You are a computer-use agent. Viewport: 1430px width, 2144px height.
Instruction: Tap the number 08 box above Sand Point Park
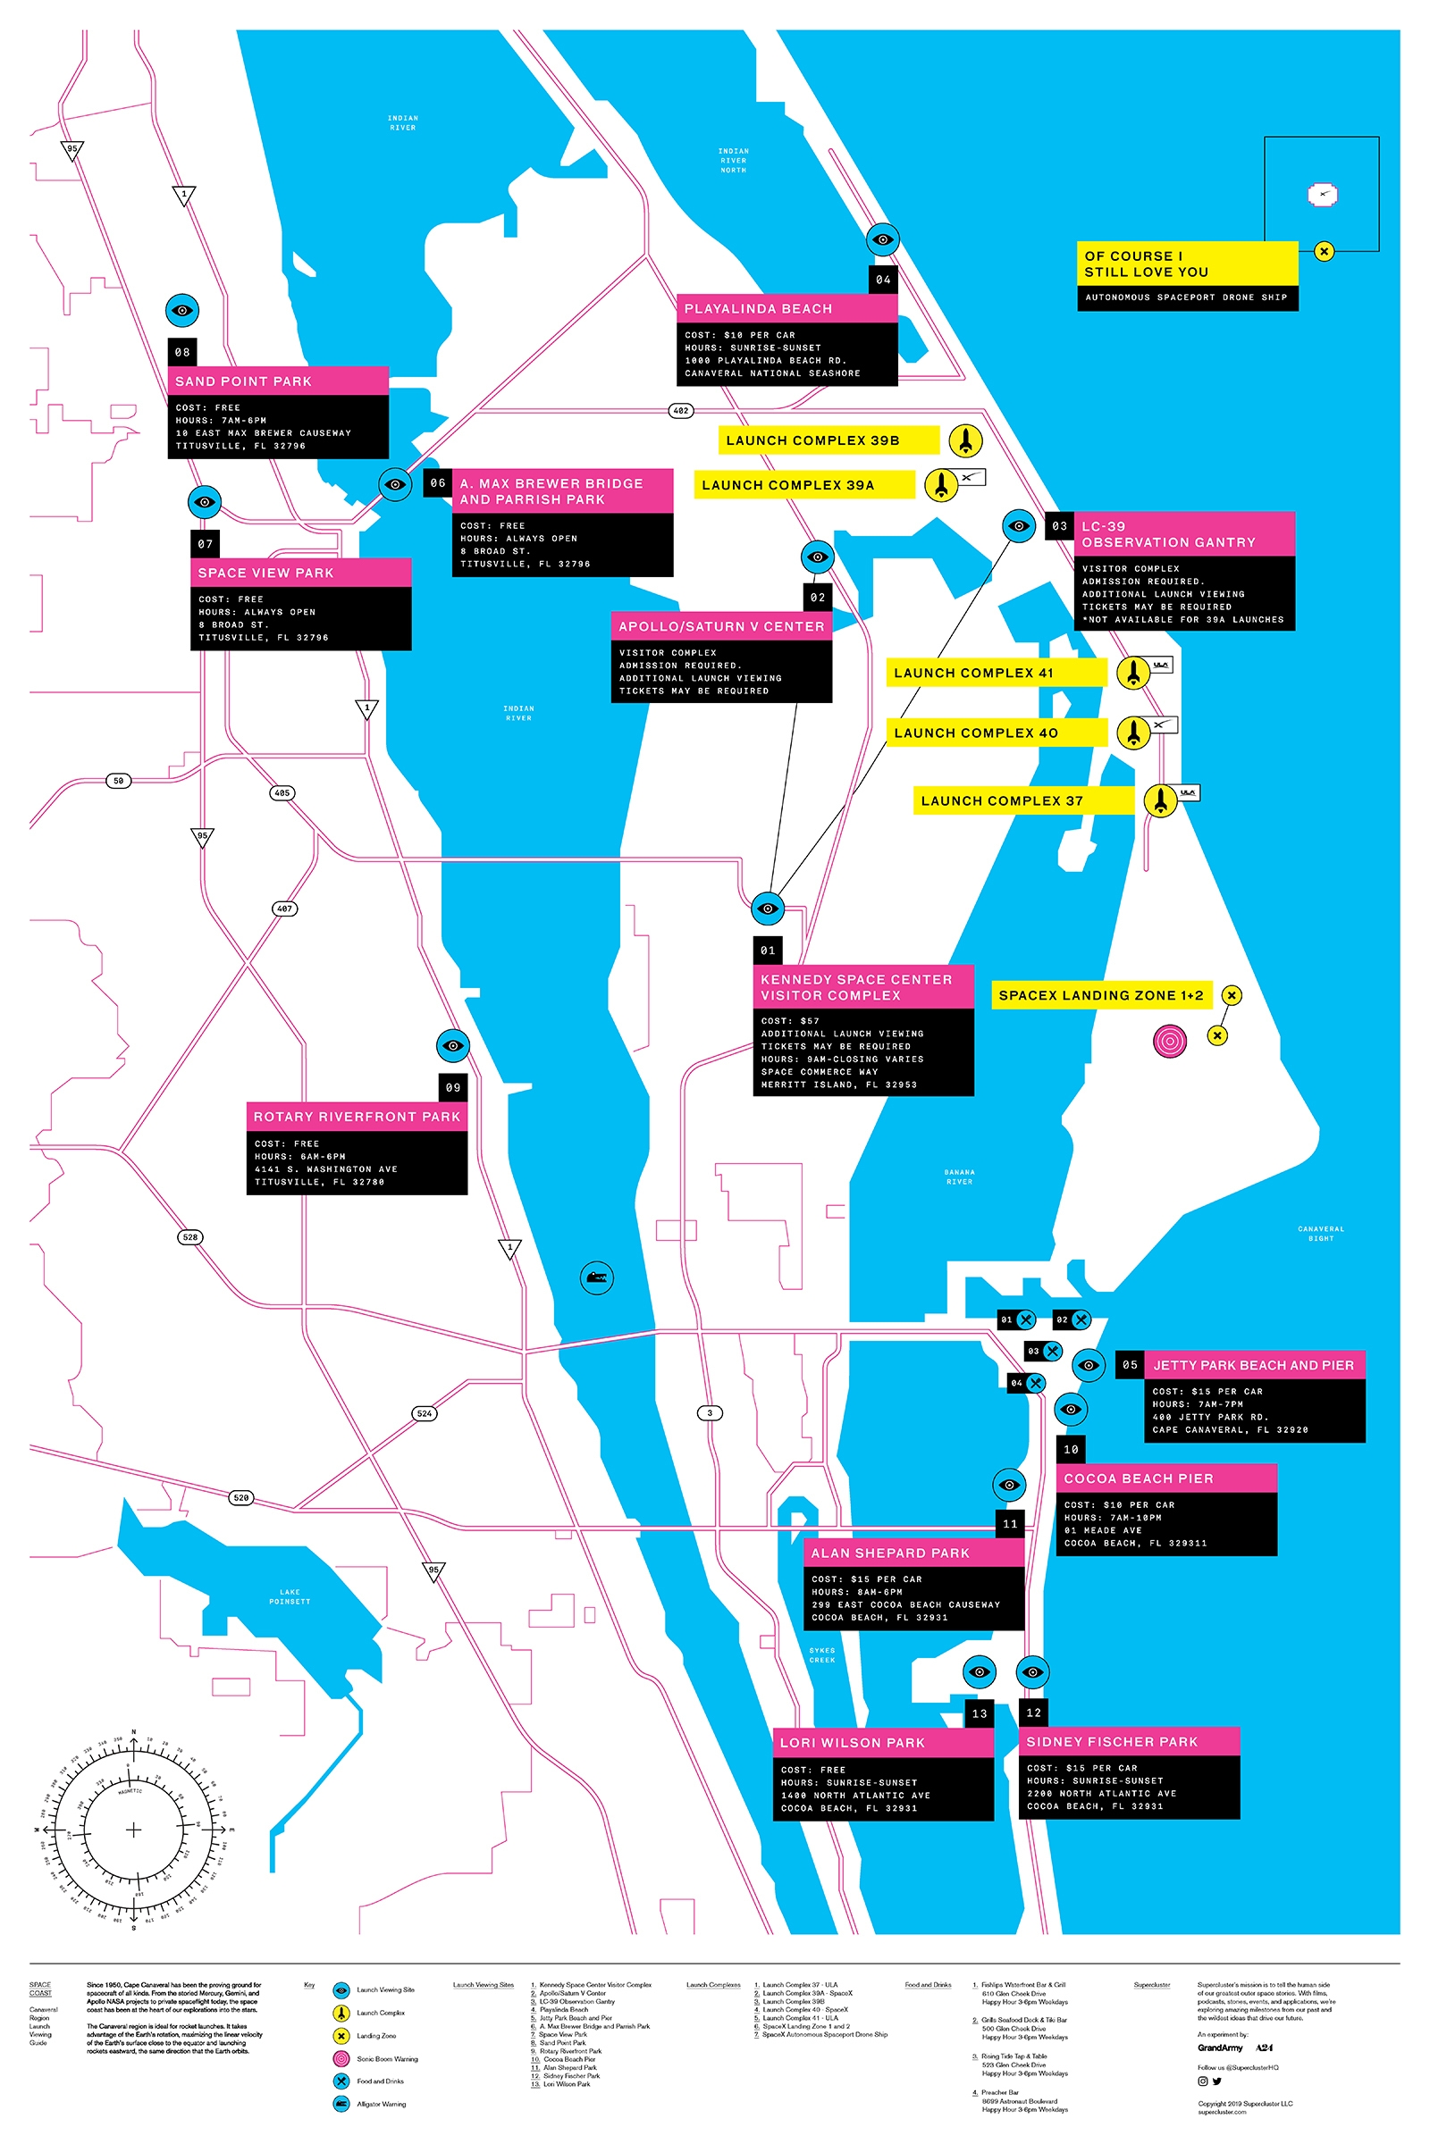[x=182, y=352]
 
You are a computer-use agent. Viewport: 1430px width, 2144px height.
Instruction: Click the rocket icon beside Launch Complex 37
[x=1160, y=800]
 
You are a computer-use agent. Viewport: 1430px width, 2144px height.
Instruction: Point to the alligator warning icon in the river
[x=596, y=1277]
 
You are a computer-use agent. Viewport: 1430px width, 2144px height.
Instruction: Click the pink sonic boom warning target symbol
[x=1169, y=1040]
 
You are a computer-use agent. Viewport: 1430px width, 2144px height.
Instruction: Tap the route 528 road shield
[x=189, y=1237]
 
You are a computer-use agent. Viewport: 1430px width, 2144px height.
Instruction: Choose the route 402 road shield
[x=680, y=411]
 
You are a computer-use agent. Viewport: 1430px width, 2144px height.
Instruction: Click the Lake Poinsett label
[x=289, y=1596]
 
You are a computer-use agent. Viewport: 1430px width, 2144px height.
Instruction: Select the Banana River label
[x=958, y=1177]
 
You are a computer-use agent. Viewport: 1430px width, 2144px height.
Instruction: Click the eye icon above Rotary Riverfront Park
[x=452, y=1045]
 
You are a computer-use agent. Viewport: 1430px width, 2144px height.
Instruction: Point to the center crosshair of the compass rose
[x=133, y=1830]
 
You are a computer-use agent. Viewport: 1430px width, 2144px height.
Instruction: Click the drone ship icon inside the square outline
[x=1322, y=194]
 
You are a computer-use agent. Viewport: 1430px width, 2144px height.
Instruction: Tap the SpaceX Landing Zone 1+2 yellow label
[x=1101, y=995]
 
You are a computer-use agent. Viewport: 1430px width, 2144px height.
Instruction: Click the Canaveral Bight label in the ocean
[x=1320, y=1234]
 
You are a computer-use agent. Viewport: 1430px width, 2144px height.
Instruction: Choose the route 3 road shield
[x=710, y=1413]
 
